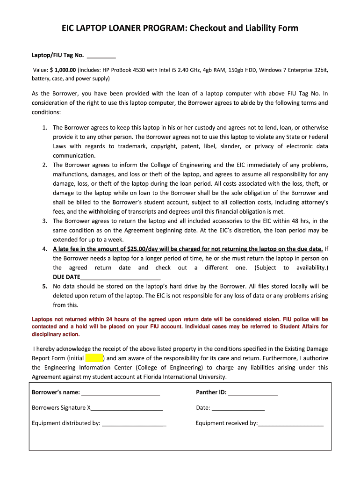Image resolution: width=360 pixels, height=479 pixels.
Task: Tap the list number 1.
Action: (44, 128)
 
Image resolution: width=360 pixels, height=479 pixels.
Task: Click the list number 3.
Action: (44, 221)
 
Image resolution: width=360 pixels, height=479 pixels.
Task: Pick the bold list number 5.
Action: (44, 286)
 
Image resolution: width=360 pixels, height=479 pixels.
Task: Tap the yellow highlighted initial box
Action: (94, 358)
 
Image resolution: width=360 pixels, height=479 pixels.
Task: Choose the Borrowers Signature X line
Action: (126, 408)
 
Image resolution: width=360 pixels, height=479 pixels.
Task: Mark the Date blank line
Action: (238, 408)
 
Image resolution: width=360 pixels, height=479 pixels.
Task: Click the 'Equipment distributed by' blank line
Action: (134, 423)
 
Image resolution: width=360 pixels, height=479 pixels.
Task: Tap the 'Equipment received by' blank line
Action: (290, 423)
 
